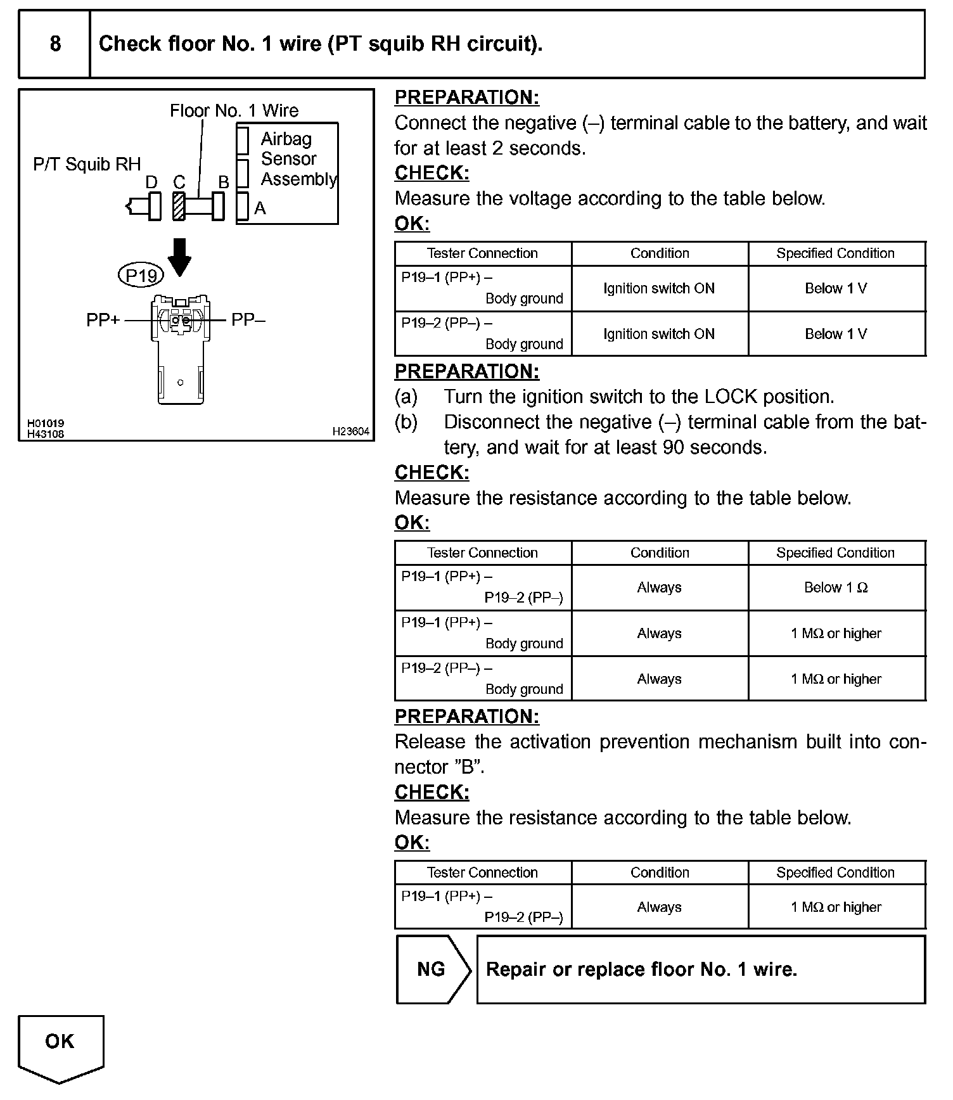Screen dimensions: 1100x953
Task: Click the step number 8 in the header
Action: (x=55, y=44)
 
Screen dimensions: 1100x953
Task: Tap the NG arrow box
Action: (x=433, y=969)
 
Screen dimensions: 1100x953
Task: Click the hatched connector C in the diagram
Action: (x=179, y=207)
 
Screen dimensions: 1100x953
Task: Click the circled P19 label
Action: (x=141, y=276)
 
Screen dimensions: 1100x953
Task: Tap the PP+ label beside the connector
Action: (x=103, y=321)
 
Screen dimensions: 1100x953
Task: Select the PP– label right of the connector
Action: (x=248, y=320)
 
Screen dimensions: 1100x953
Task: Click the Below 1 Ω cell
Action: (x=836, y=587)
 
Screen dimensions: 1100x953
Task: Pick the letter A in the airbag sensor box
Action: (x=260, y=208)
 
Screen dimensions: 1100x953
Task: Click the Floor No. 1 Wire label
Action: (x=234, y=111)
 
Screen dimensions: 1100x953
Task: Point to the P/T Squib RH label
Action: (x=87, y=165)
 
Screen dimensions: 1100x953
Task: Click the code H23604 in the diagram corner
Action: (x=350, y=432)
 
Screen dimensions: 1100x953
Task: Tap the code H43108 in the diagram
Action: (x=45, y=434)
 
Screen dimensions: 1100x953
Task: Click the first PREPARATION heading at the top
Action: (x=467, y=98)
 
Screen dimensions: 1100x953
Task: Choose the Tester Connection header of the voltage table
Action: (x=482, y=253)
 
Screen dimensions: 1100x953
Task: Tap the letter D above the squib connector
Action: (x=151, y=182)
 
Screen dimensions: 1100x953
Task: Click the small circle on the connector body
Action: (x=181, y=382)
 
